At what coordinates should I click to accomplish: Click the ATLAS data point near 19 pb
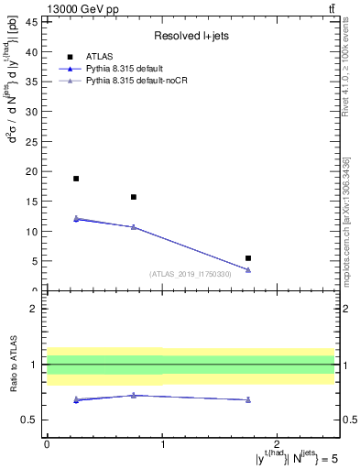pyautogui.click(x=76, y=179)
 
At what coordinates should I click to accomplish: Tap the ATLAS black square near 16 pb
pyautogui.click(x=134, y=197)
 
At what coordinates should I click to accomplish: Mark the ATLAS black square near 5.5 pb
pyautogui.click(x=248, y=258)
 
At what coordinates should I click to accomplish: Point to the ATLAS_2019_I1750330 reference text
pyautogui.click(x=191, y=273)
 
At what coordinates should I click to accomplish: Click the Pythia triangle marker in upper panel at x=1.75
pyautogui.click(x=248, y=269)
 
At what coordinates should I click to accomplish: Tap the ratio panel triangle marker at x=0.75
pyautogui.click(x=134, y=395)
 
